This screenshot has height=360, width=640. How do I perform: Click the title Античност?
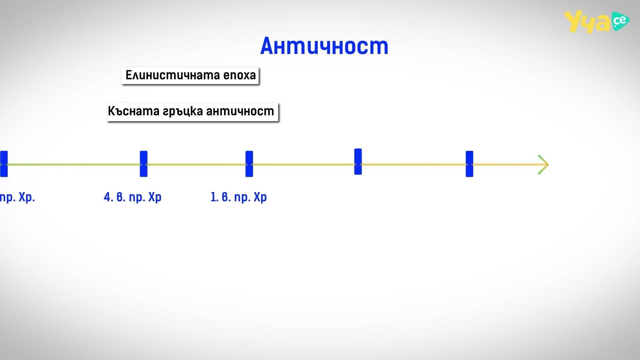(x=324, y=46)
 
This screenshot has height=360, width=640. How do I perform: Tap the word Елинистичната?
(x=173, y=75)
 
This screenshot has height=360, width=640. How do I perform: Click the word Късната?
(x=134, y=111)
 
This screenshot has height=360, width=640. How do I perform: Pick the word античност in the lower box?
(x=240, y=111)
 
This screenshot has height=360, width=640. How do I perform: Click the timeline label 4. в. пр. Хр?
(x=133, y=197)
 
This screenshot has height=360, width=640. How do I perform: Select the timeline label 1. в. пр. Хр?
(x=239, y=197)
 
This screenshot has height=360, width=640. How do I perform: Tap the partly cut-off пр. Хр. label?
(x=17, y=197)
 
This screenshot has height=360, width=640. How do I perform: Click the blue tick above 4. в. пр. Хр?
(x=144, y=164)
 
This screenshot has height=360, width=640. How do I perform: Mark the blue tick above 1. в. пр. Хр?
(x=249, y=164)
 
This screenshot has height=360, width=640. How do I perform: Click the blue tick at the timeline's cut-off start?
(x=4, y=164)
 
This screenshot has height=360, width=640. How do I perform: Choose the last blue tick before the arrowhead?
(x=469, y=164)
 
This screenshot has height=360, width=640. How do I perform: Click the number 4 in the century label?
(x=107, y=197)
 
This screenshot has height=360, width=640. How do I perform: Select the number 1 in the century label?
(x=213, y=197)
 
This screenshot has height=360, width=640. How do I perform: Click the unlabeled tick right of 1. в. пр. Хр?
(x=358, y=162)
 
